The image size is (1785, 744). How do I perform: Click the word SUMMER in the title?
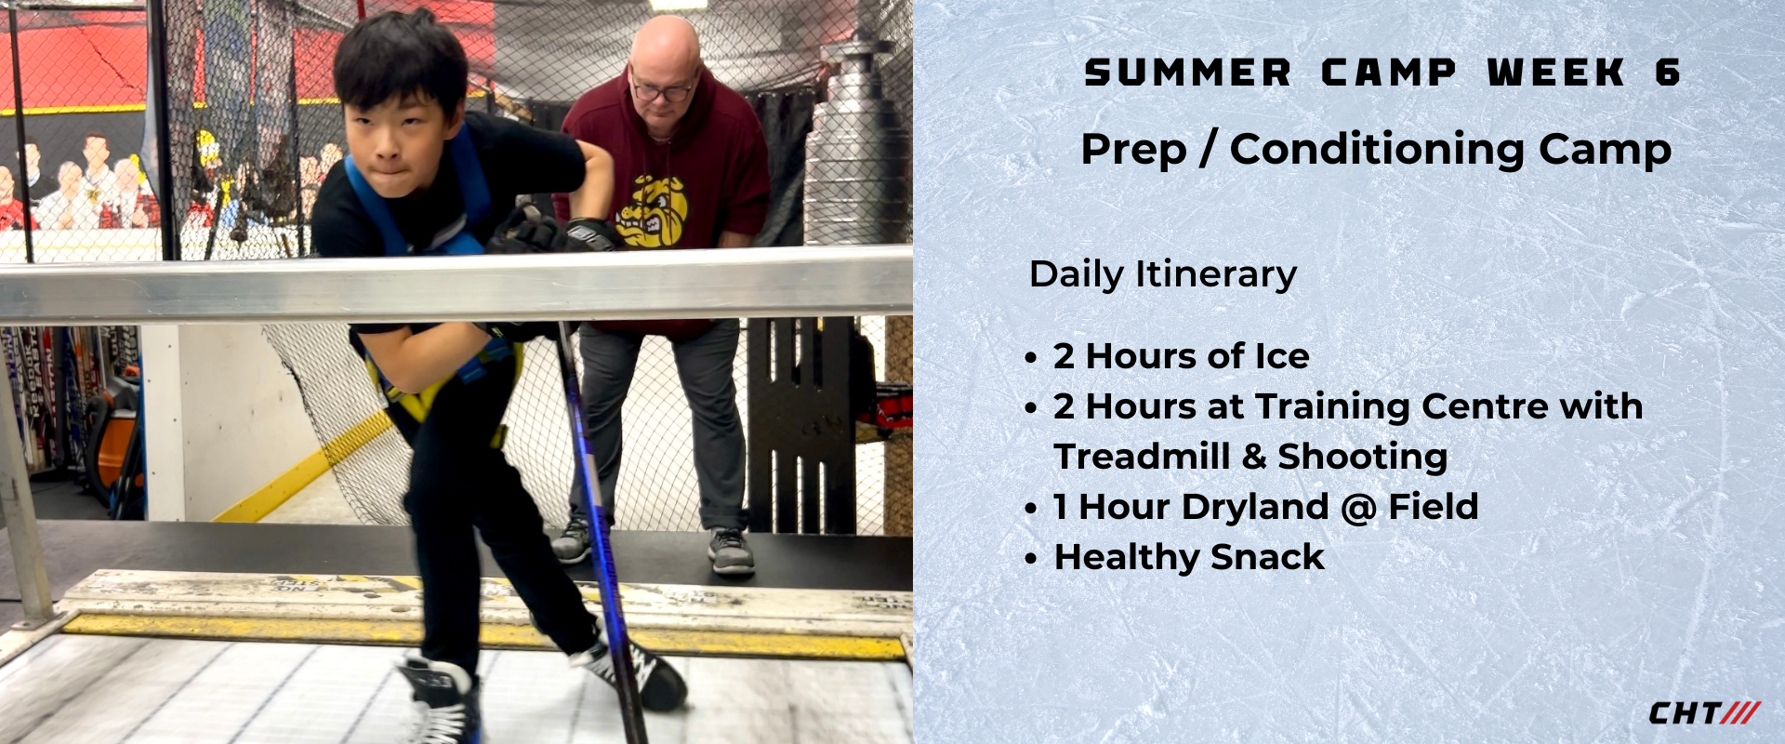(1187, 73)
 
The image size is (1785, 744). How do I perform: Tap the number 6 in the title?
(1668, 73)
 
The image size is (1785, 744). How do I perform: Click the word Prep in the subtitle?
(1134, 151)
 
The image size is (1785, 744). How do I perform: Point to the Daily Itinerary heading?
(1163, 274)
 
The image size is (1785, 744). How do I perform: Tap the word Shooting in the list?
(1362, 458)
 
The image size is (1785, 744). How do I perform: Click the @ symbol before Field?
(1358, 508)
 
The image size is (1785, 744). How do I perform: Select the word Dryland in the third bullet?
(1255, 508)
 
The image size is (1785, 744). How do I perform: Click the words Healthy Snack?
(1189, 557)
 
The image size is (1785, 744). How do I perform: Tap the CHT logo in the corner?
(1703, 713)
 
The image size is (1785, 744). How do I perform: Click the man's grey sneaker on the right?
(731, 551)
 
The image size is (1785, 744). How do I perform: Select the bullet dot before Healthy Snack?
(1030, 559)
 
